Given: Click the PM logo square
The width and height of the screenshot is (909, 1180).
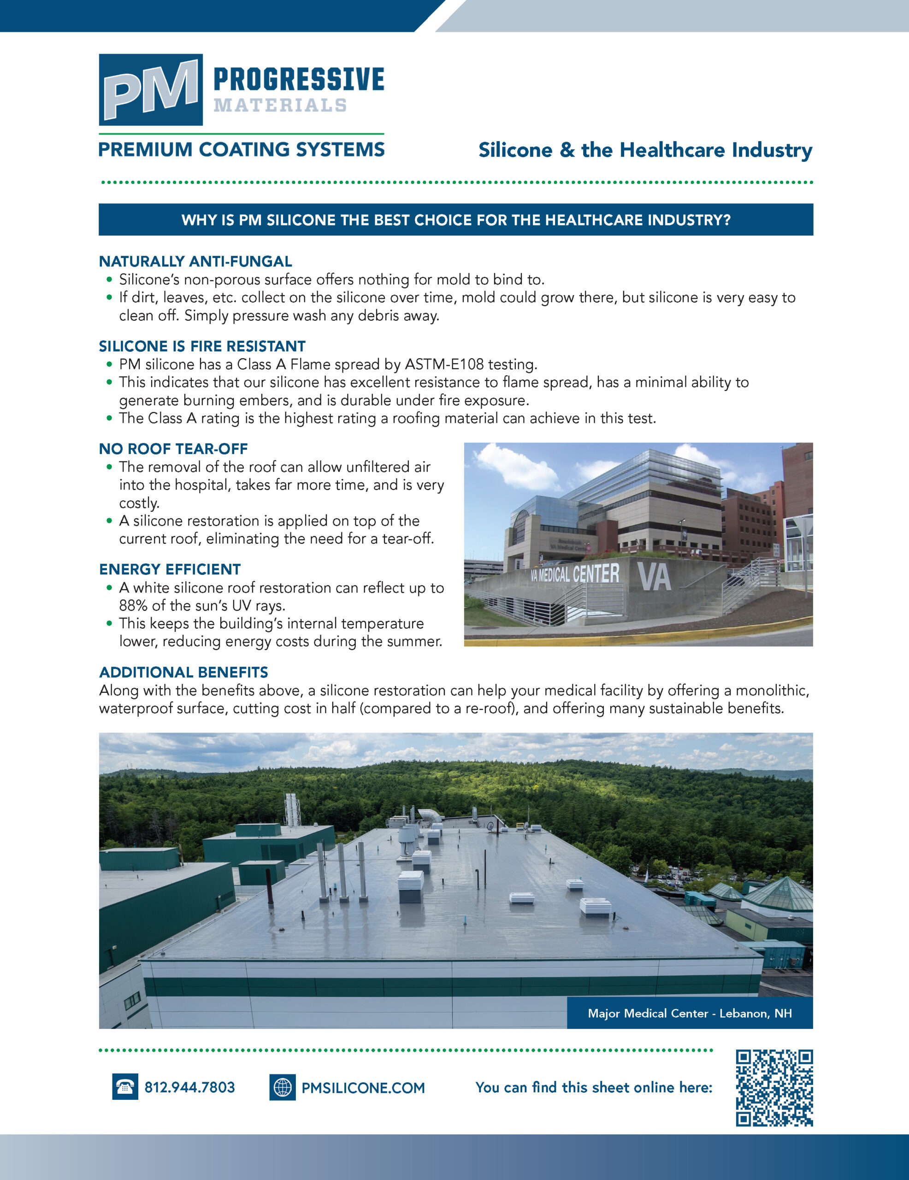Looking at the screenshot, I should [150, 90].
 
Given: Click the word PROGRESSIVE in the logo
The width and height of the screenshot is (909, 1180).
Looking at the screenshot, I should [298, 79].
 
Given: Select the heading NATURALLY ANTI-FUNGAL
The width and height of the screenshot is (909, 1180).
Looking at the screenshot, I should [195, 261].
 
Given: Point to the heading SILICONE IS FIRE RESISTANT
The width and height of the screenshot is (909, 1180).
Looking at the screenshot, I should [202, 346].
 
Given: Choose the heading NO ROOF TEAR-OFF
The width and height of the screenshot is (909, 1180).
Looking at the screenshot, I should [173, 449].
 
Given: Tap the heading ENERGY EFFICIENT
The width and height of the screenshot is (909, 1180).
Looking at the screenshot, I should [170, 569].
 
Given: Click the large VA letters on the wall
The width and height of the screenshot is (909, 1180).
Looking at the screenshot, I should [655, 577].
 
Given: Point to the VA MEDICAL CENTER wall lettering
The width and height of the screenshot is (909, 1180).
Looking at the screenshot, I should [574, 574].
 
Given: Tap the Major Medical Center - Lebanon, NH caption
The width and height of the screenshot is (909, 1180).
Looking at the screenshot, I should [690, 1014].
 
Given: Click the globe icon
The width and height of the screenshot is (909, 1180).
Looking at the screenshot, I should [282, 1088].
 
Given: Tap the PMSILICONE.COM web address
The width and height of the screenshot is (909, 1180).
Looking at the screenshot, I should [363, 1088].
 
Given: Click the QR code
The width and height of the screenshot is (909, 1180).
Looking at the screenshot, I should [774, 1088].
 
